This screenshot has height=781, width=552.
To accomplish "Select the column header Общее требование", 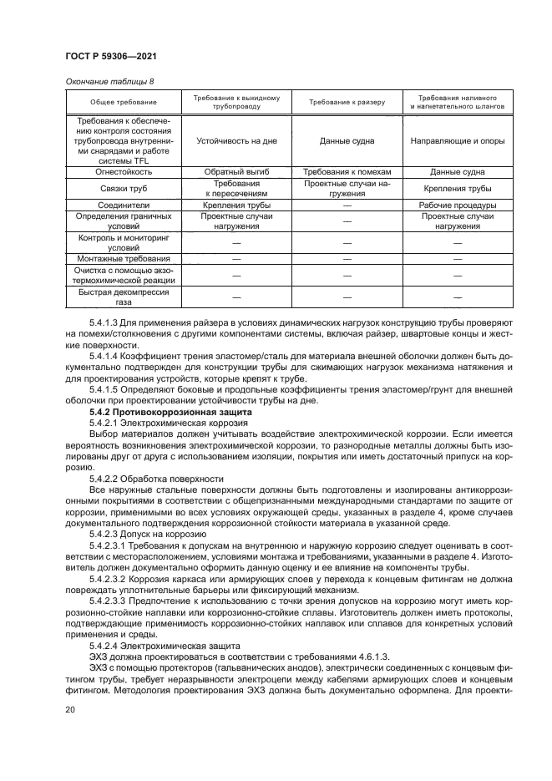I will (x=124, y=102).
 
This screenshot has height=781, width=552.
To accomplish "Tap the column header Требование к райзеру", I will (x=347, y=102).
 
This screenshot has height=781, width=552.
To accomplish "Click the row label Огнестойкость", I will (x=124, y=172).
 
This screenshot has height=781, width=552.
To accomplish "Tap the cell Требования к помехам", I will (x=347, y=172).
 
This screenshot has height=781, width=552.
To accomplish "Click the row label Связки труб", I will (x=124, y=189).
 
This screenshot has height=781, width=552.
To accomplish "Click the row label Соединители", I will (x=124, y=205).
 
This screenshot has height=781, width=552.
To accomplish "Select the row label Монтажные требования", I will (x=124, y=259).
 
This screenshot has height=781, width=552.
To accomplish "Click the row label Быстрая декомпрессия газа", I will (x=124, y=298).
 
